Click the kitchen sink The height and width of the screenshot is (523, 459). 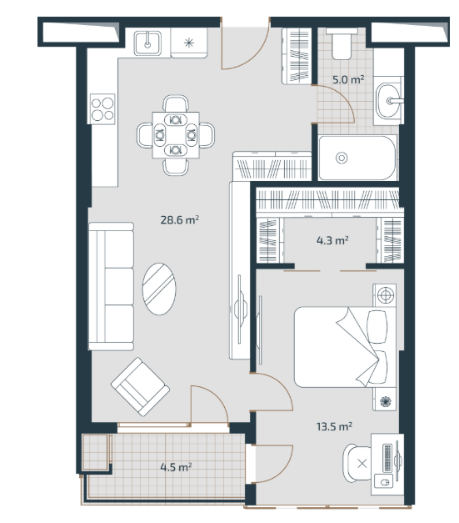147,43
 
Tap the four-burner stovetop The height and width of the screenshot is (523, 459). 102,109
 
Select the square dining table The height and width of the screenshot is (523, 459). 176,135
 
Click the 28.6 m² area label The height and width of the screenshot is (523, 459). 180,220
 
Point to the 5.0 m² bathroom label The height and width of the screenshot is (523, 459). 348,79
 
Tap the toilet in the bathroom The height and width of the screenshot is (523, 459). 342,43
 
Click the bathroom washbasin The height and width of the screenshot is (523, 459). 389,101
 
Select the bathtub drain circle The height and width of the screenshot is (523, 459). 342,158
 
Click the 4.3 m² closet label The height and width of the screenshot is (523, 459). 332,240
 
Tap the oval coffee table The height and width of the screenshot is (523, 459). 159,289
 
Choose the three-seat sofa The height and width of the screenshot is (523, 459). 112,286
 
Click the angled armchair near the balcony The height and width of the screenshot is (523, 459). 140,387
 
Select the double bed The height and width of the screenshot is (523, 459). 341,347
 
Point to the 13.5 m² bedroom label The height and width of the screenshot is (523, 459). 334,426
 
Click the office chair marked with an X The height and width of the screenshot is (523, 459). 357,463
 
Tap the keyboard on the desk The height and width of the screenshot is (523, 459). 387,458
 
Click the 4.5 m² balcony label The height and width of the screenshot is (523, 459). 176,467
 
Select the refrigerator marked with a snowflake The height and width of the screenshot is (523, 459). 189,43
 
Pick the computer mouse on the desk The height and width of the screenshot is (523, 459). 385,482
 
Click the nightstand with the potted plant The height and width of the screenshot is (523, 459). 385,400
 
